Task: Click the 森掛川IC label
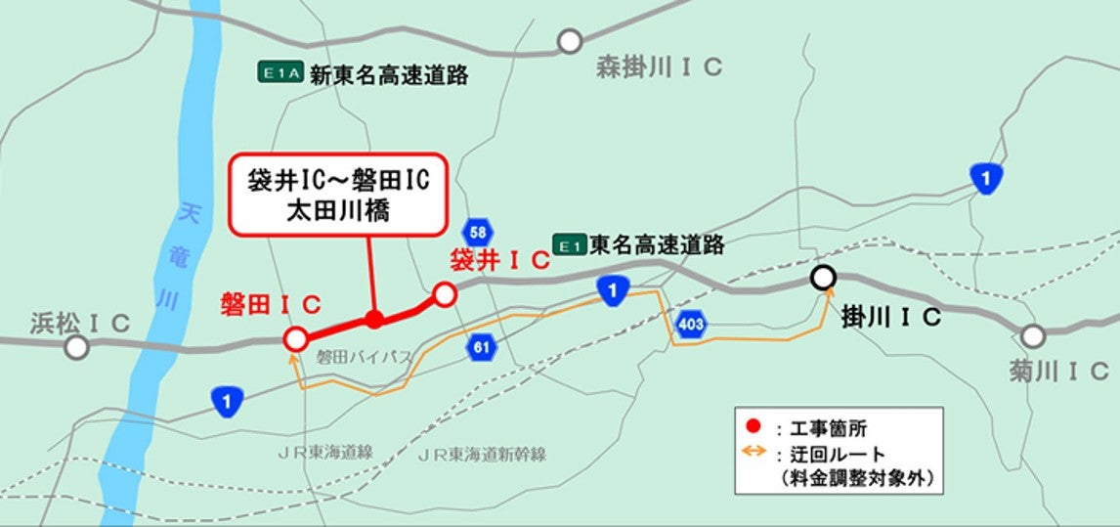pos(660,67)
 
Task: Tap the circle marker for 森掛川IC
pos(569,41)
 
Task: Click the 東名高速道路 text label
pos(657,244)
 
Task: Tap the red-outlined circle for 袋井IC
pos(445,293)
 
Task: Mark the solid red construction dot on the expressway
pos(373,319)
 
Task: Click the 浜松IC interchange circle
pos(76,347)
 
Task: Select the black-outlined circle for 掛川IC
pos(824,279)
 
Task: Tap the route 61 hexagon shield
pos(480,347)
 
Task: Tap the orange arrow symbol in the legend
pos(754,453)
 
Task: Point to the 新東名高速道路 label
pos(389,74)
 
